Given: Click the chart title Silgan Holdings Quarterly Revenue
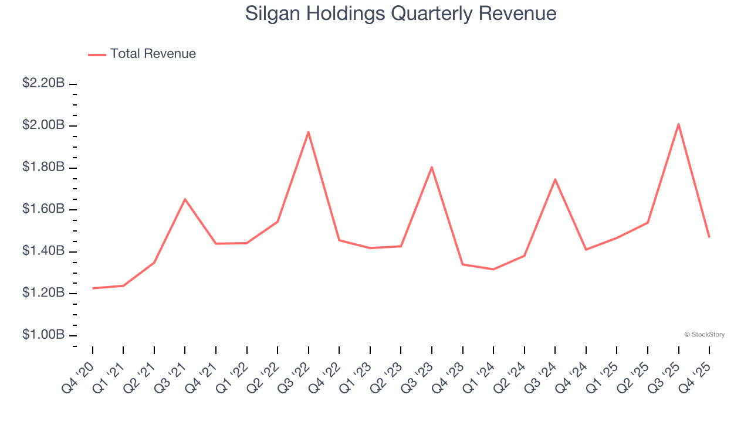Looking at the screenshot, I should coord(401,14).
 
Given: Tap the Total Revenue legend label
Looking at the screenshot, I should coord(153,54).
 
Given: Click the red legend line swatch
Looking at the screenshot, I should coord(97,55).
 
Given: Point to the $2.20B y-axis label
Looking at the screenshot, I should coord(43,84).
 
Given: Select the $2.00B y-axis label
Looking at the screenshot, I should coord(43,125).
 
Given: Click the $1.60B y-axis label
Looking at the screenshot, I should coord(43,209).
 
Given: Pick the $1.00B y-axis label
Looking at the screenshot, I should coord(43,335).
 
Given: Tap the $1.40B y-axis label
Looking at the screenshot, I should coord(43,251).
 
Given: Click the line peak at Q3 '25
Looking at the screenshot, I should coord(678,124).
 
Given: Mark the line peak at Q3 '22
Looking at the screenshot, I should coord(309,132).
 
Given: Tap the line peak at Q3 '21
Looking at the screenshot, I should coord(185,199).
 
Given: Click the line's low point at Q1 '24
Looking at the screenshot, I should coord(493,269).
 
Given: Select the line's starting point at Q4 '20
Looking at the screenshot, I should coord(93,288).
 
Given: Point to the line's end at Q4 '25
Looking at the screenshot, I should coord(709,237).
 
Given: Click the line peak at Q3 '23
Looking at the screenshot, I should coord(432,167).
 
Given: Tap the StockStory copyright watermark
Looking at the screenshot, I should coord(704,335).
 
